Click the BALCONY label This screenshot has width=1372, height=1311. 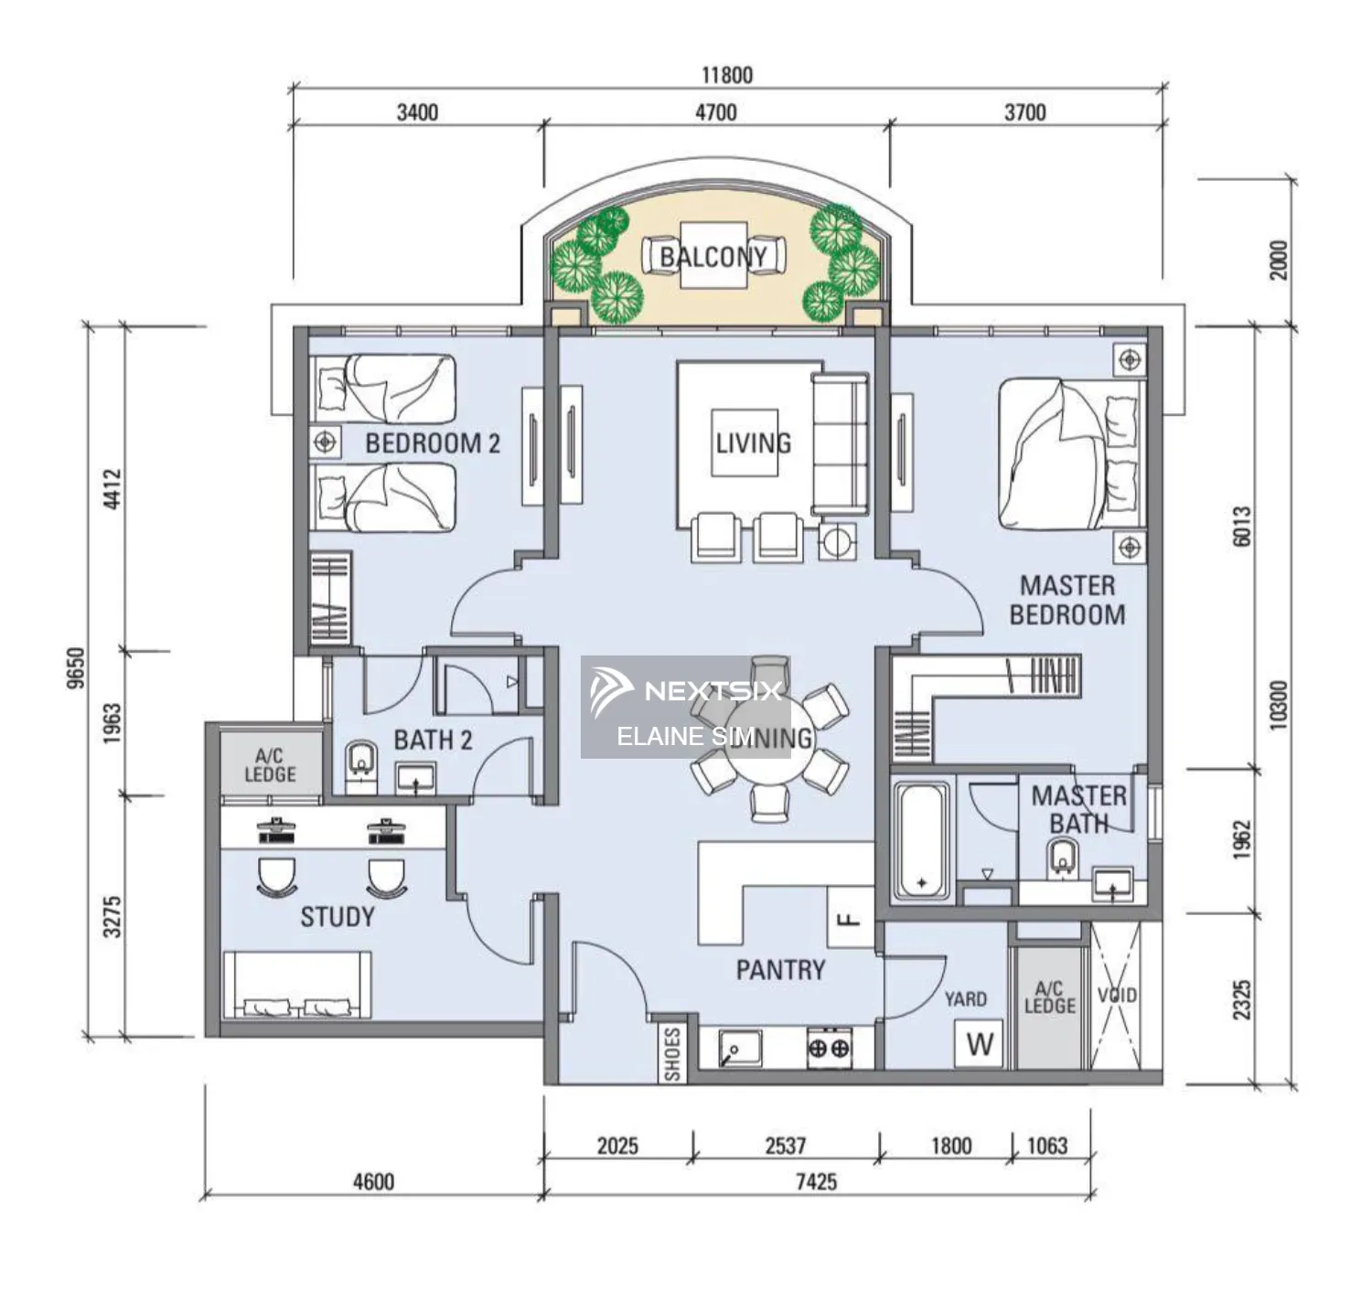tap(713, 257)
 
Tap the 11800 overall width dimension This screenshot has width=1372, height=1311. tap(726, 75)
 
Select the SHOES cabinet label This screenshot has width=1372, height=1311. tap(672, 1053)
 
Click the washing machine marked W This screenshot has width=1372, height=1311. tap(979, 1044)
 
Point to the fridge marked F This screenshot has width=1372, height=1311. tap(850, 918)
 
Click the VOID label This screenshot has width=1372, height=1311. tap(1117, 995)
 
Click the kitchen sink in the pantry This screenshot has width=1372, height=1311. tap(740, 1048)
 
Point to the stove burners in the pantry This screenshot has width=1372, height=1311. tap(830, 1048)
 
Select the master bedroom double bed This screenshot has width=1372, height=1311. tap(1070, 455)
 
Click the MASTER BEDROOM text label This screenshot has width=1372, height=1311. tap(1067, 600)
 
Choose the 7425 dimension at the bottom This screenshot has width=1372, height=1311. tap(816, 1181)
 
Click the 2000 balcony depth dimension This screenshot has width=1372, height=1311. tap(1279, 260)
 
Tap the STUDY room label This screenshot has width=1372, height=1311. tap(338, 917)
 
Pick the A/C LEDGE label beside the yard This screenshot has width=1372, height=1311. tap(1049, 997)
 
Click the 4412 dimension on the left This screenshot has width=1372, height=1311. tap(112, 488)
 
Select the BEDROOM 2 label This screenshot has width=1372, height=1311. tap(433, 443)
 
